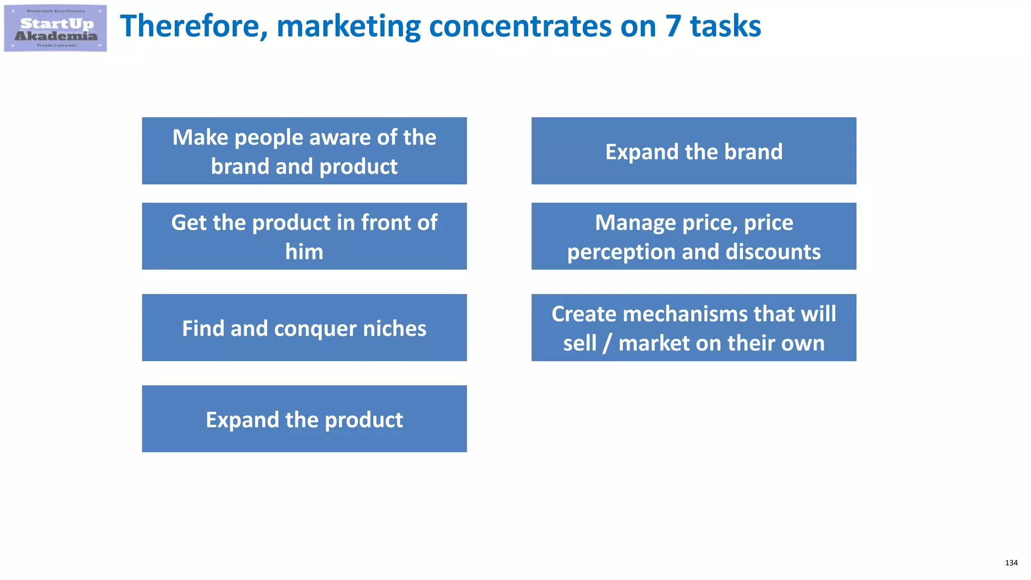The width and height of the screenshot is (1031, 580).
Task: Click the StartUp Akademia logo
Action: [x=55, y=28]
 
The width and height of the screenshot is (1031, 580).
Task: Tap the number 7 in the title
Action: [x=673, y=26]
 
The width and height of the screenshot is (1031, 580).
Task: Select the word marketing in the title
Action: [x=348, y=27]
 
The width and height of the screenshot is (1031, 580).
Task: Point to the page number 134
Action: [x=1011, y=563]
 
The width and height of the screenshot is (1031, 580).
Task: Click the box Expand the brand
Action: [x=694, y=151]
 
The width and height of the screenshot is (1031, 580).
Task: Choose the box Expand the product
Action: [x=304, y=419]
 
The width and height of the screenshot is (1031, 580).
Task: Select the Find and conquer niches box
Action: [x=304, y=328]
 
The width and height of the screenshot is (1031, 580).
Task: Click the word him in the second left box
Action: [x=304, y=252]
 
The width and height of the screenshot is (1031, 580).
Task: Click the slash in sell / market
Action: [x=607, y=343]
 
